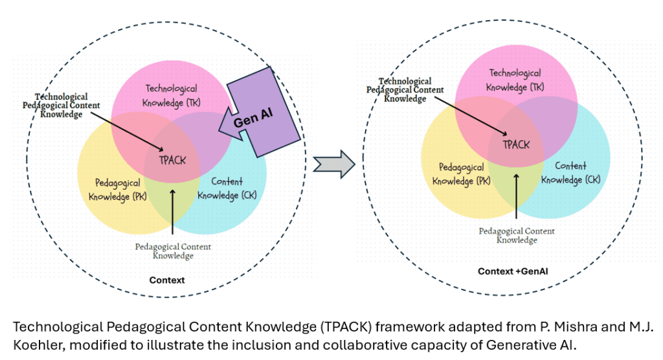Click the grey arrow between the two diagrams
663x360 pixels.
pos(333,164)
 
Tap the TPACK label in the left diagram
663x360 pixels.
pos(173,160)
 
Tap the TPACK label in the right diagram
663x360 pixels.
pos(516,144)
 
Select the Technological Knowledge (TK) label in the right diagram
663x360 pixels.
pos(515,80)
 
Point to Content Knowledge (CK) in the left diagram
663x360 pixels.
pos(227,188)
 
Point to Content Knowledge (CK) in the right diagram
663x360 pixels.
pos(570,172)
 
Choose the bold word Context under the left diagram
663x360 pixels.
pos(167,280)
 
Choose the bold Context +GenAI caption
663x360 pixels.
pos(512,271)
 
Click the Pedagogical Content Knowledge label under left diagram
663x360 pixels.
pos(173,251)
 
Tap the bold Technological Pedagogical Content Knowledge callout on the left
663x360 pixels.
pos(62,105)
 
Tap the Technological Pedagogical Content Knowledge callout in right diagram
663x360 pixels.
pos(405,90)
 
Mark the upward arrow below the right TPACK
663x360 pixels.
pos(517,194)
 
